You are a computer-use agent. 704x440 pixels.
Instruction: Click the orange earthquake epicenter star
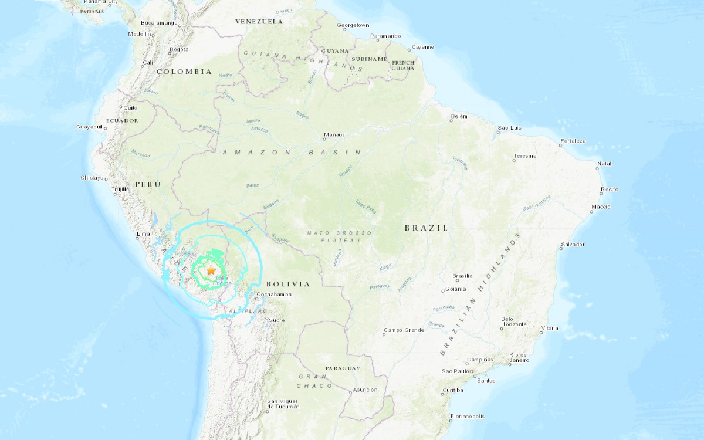211,270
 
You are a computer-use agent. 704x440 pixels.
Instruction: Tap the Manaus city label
333,134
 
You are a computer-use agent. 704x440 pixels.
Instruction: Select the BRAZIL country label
426,228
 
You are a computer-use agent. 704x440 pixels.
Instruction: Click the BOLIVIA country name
287,284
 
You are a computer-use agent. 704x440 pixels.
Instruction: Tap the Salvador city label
573,244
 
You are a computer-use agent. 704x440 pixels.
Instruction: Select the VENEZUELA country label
259,22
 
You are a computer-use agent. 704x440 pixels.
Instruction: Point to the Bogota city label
178,49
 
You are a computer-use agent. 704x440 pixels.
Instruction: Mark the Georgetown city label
353,25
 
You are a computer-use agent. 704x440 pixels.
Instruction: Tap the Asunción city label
365,390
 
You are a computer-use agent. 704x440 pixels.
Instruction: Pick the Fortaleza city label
573,141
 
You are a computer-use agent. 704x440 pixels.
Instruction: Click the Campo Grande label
404,330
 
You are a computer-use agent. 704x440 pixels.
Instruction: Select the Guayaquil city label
90,127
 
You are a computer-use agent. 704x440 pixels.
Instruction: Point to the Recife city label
609,189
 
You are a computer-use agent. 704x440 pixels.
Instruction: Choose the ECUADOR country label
121,120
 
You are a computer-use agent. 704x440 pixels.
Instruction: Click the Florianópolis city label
467,417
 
